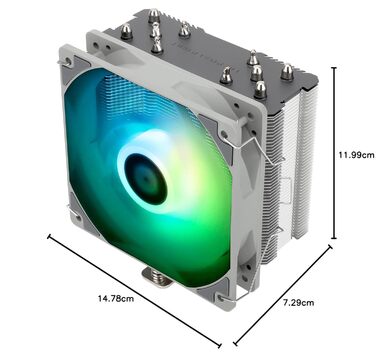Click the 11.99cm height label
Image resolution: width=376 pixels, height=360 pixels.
pyautogui.click(x=355, y=155)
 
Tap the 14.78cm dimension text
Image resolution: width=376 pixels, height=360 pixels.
pyautogui.click(x=117, y=297)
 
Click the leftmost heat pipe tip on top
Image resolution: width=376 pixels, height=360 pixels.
pyautogui.click(x=126, y=31)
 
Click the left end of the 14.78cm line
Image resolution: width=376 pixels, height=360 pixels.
pyautogui.click(x=48, y=236)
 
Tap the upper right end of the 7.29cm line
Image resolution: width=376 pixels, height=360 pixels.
pyautogui.click(x=330, y=259)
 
